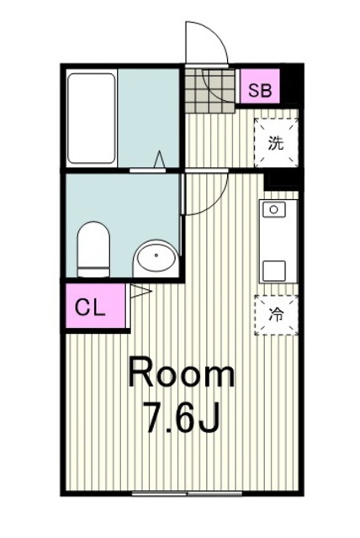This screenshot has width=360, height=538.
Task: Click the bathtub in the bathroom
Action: pos(91,118)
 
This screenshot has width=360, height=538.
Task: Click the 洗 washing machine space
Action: pos(276,142)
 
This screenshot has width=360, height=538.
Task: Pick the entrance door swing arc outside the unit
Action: pos(206,42)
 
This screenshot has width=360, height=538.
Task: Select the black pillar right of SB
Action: pos(290,86)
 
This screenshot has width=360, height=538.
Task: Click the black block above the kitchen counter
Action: pos(283,179)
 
